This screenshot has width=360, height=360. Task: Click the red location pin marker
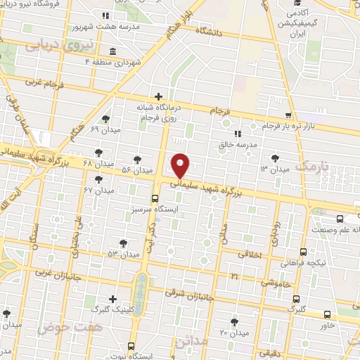(181, 165)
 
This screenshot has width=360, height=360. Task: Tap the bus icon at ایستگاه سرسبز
(155, 198)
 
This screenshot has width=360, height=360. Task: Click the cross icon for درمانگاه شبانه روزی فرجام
(158, 96)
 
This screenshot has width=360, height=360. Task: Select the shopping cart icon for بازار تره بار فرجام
(288, 115)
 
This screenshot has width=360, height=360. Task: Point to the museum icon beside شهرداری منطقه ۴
(114, 51)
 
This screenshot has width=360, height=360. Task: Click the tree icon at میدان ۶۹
(105, 119)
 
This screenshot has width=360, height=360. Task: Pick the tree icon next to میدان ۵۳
(123, 243)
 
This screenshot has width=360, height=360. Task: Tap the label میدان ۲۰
(236, 331)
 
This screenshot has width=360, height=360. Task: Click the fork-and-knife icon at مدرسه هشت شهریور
(105, 15)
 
